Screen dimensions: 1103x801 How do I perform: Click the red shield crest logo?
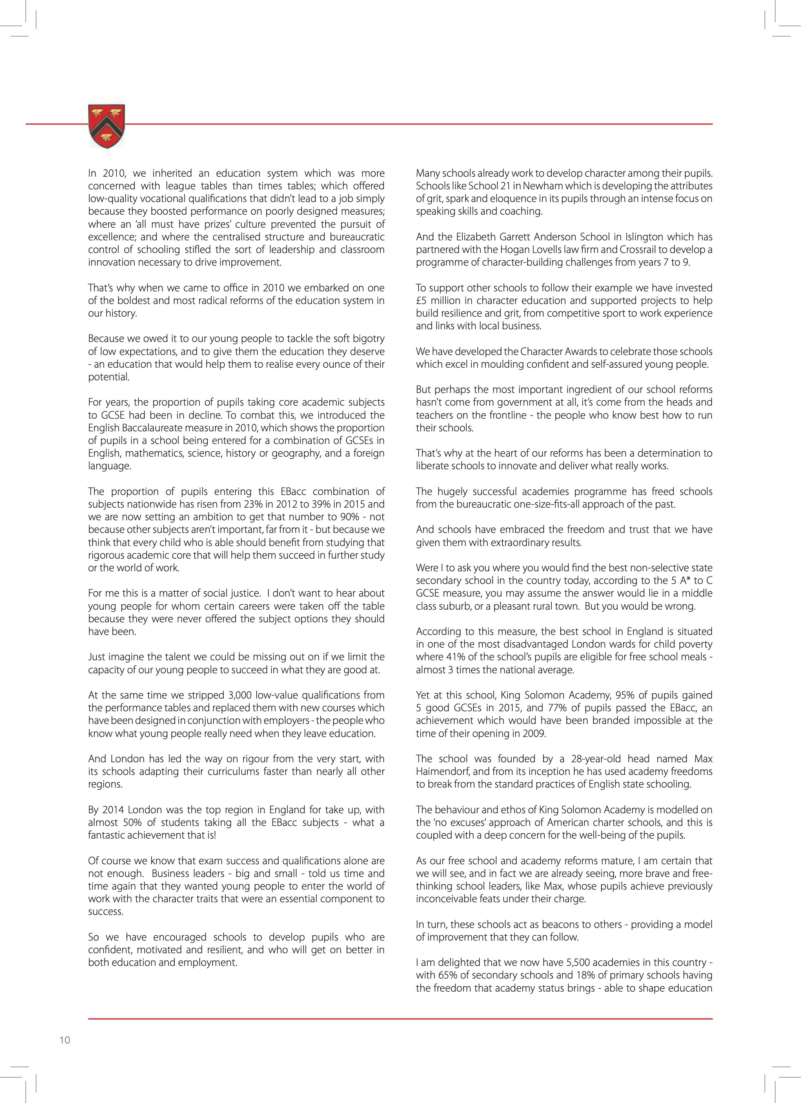tap(107, 125)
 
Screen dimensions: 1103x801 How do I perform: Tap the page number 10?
tap(65, 1040)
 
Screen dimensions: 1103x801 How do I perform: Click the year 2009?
tap(535, 733)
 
